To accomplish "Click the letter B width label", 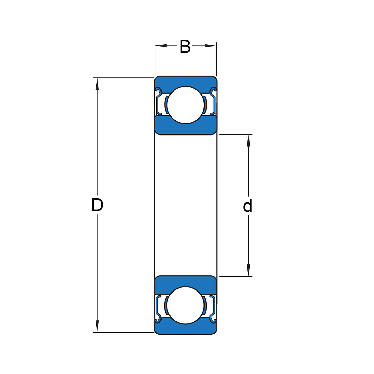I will (185, 46).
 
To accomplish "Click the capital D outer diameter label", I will (97, 205).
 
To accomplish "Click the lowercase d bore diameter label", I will (247, 206).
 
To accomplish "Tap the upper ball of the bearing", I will (185, 105).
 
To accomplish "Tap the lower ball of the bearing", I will (185, 305).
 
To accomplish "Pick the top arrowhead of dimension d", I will (248, 141).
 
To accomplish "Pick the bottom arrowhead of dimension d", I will (248, 270).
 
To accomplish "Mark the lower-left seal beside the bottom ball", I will (159, 308).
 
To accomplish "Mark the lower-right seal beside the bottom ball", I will (213, 308).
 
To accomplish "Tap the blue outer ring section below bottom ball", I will (185, 329).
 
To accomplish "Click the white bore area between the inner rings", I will (185, 205).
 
